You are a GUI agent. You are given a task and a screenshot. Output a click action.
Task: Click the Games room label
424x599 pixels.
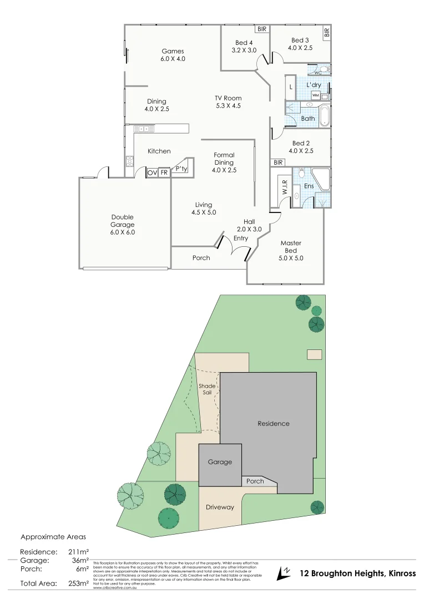pyautogui.click(x=173, y=55)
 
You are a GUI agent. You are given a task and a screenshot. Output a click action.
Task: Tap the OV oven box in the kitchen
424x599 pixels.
pyautogui.click(x=152, y=173)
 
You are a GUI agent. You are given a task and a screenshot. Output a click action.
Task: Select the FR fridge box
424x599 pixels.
pyautogui.click(x=164, y=173)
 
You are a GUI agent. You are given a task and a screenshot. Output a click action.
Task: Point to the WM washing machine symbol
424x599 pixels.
pyautogui.click(x=316, y=95)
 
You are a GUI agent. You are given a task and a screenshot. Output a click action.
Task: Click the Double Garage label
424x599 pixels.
pyautogui.click(x=122, y=221)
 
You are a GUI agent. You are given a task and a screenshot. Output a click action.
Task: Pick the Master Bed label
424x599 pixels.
pyautogui.click(x=291, y=250)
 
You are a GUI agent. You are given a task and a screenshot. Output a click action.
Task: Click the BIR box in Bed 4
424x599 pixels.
pyautogui.click(x=261, y=29)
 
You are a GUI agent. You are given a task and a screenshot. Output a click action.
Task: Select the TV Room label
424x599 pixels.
pyautogui.click(x=228, y=102)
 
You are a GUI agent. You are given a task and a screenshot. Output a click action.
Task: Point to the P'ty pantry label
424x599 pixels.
pyautogui.click(x=180, y=169)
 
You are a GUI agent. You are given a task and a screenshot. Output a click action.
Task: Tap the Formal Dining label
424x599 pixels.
pyautogui.click(x=224, y=163)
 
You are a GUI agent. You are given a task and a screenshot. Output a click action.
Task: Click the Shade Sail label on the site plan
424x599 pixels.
pyautogui.click(x=206, y=389)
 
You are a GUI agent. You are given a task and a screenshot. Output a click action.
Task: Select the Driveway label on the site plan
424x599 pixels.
pyautogui.click(x=220, y=507)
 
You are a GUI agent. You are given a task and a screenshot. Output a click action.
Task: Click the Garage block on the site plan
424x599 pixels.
pyautogui.click(x=220, y=462)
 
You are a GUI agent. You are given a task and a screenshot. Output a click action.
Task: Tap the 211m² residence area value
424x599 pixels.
pyautogui.click(x=78, y=552)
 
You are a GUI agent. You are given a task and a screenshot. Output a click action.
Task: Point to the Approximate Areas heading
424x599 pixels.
pyautogui.click(x=53, y=537)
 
